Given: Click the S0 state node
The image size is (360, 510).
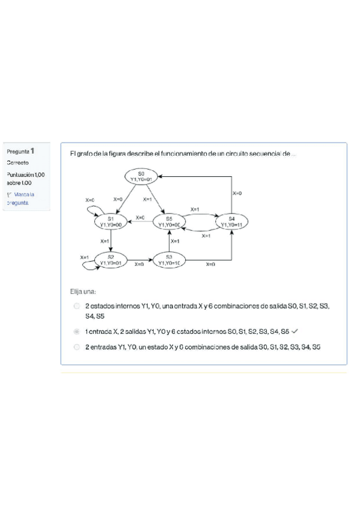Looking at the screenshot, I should (141, 176).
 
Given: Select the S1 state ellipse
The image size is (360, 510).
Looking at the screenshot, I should (111, 221).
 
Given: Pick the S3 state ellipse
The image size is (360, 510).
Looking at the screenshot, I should (170, 260).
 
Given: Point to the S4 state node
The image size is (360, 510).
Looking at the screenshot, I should (231, 221).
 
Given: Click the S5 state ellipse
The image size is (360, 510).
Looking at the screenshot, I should (169, 221).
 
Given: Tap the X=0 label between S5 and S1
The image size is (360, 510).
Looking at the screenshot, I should (140, 217).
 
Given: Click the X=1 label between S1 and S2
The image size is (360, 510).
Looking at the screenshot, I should (106, 240).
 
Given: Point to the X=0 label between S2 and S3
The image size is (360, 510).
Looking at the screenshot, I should (139, 264).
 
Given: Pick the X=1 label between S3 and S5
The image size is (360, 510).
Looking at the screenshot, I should (175, 241).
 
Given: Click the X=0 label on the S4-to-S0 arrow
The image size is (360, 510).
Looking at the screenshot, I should (237, 193).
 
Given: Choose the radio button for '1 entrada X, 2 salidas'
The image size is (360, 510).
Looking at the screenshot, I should (76, 331).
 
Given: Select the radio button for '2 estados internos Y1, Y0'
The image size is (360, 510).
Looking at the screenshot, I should (76, 306).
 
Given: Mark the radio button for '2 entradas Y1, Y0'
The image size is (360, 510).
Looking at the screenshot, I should (76, 347).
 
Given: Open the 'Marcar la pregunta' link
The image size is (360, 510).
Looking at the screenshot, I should (22, 198).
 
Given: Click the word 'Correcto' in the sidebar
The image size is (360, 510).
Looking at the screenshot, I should (19, 162).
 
